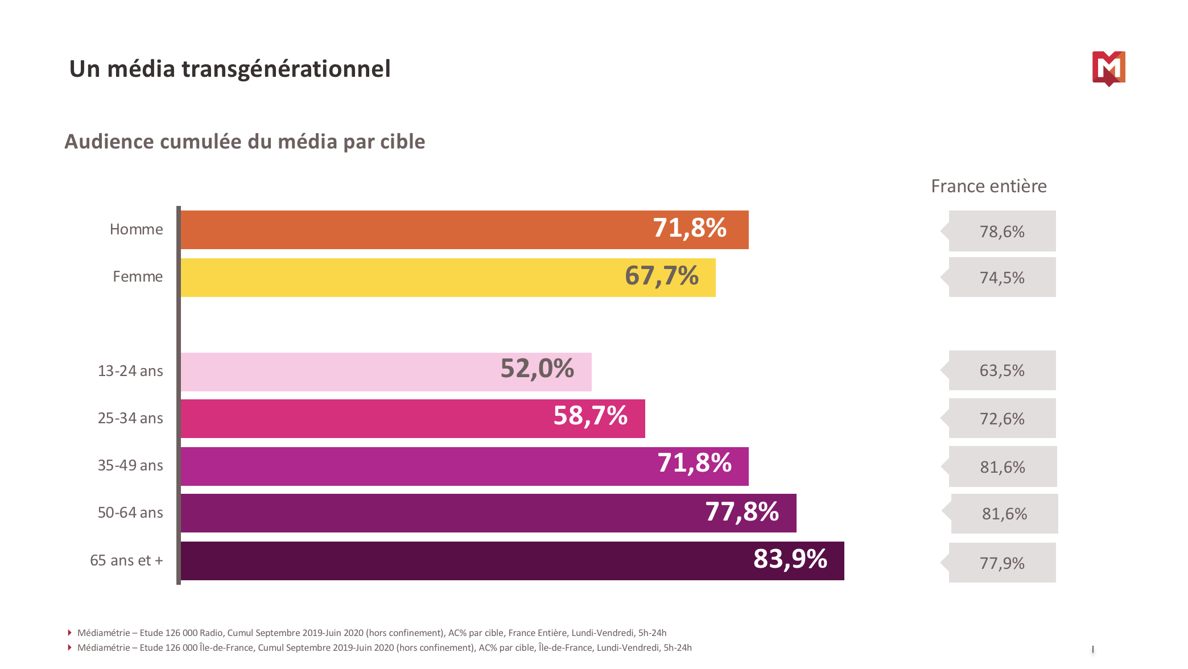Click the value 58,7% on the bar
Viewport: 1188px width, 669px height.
[590, 416]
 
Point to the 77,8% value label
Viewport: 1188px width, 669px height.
[742, 512]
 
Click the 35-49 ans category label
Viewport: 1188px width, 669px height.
[130, 465]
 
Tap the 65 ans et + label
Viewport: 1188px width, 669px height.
[126, 560]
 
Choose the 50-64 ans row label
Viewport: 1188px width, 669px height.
[130, 513]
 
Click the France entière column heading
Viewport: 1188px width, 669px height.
[988, 186]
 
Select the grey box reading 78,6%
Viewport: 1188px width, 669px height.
[1002, 232]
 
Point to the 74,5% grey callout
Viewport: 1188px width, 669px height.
[1002, 278]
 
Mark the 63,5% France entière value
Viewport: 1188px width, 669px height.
[1002, 371]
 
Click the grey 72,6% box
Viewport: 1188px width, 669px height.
[1002, 419]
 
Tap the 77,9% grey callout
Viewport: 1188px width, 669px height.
[1002, 563]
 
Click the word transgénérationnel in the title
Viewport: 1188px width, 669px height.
[286, 69]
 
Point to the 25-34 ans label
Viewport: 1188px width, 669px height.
[130, 418]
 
